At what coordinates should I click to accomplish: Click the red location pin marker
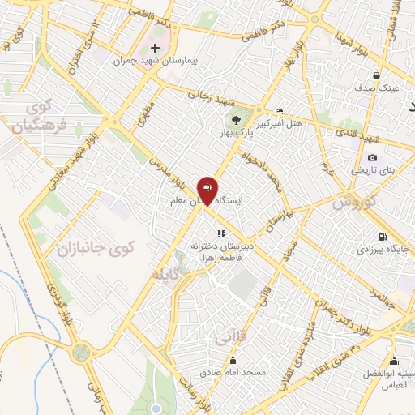tap(207, 190)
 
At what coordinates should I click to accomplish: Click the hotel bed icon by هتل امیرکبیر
tap(280, 112)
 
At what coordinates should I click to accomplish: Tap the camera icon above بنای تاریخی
tap(372, 157)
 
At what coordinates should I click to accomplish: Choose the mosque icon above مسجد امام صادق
tap(234, 361)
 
